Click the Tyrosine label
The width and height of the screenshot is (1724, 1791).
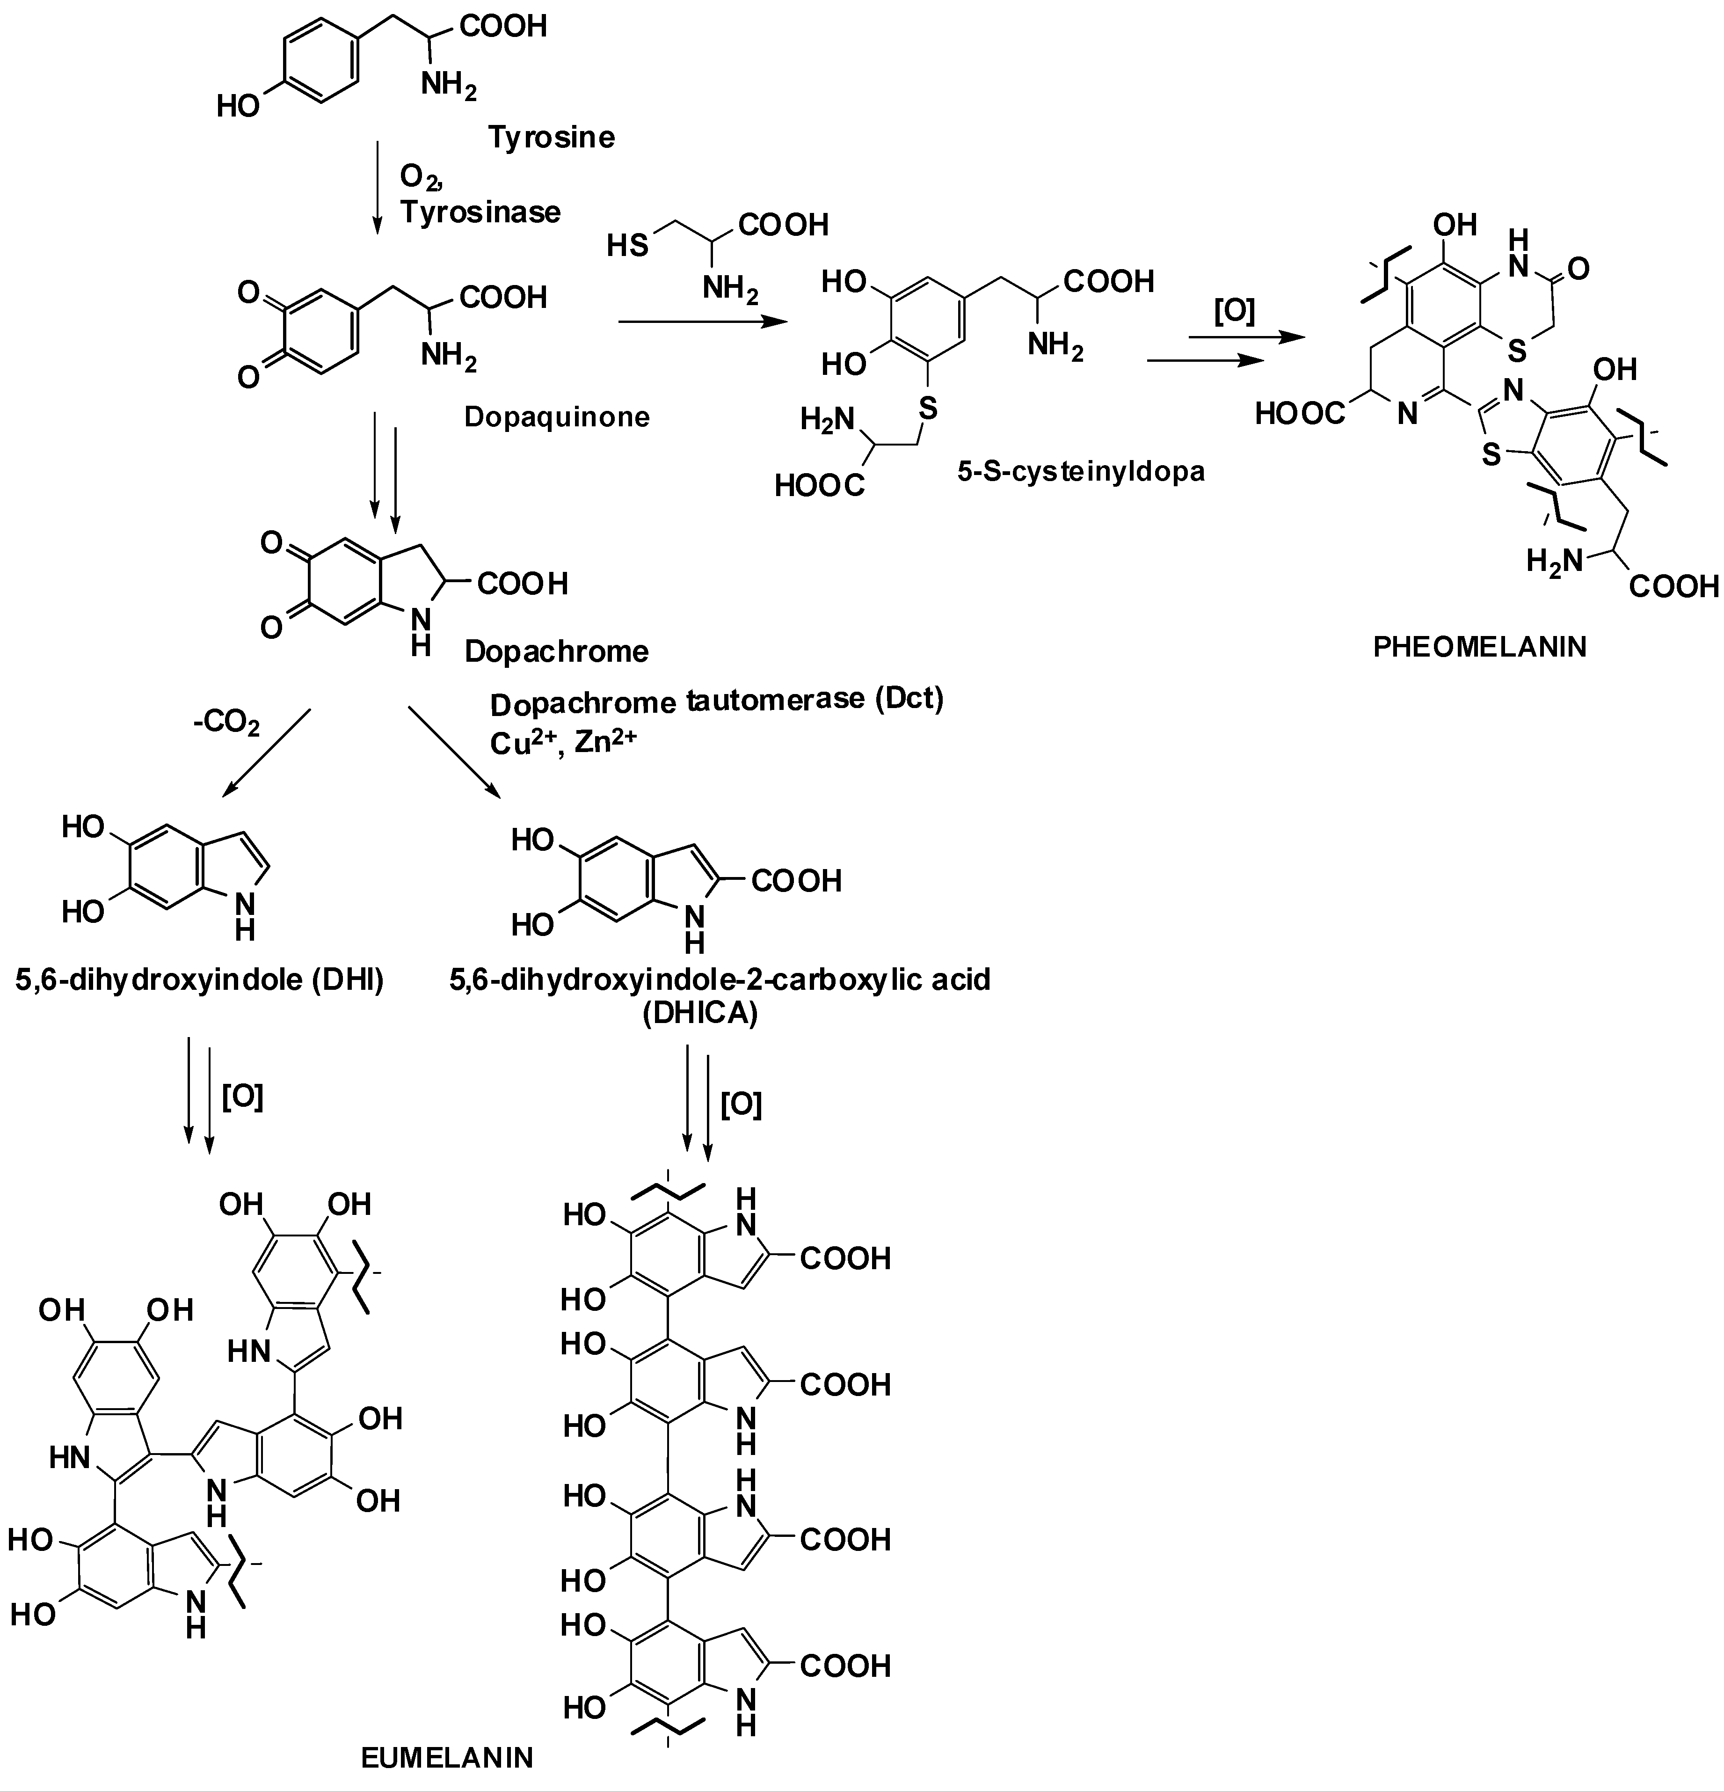pyautogui.click(x=551, y=137)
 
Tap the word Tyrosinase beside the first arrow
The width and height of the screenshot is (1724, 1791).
pyautogui.click(x=480, y=212)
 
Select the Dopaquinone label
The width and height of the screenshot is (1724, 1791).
pyautogui.click(x=556, y=417)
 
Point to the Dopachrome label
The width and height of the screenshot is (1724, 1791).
pyautogui.click(x=556, y=651)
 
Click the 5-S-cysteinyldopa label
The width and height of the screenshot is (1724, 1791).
pyautogui.click(x=1081, y=472)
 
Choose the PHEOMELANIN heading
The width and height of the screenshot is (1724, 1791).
pyautogui.click(x=1480, y=647)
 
